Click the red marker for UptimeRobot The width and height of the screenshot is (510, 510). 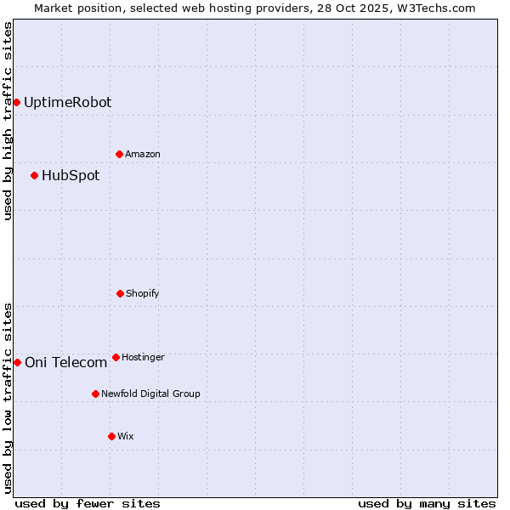click(16, 102)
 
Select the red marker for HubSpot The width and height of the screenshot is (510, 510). click(34, 175)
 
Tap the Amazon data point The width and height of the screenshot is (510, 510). click(119, 154)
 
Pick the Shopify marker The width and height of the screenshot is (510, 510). click(120, 293)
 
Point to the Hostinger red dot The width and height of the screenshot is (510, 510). click(116, 357)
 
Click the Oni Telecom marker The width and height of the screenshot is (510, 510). click(17, 362)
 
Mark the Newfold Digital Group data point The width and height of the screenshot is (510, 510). click(95, 394)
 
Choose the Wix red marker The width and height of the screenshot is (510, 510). click(111, 436)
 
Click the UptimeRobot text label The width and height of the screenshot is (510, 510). click(67, 102)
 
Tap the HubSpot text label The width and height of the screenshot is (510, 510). click(71, 175)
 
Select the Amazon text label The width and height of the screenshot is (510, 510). click(143, 154)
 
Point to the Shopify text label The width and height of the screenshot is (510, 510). click(143, 293)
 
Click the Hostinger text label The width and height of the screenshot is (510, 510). click(143, 357)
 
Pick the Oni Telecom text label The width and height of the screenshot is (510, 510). click(66, 362)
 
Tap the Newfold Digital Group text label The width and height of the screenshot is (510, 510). click(150, 394)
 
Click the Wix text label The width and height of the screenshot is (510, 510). click(126, 436)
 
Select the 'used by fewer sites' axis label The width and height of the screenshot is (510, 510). click(88, 503)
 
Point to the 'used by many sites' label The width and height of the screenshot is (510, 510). click(427, 503)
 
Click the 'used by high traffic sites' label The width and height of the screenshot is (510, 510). click(8, 121)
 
